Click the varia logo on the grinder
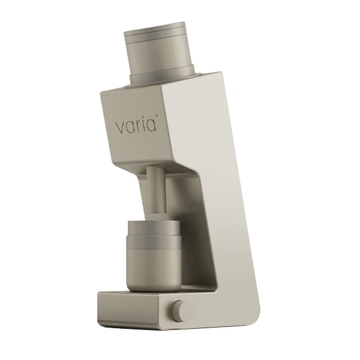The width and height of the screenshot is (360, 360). (136, 126)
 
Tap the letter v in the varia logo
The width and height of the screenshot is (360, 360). (120, 128)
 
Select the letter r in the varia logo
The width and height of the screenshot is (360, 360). (139, 127)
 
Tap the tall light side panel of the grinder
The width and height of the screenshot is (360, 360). (231, 198)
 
